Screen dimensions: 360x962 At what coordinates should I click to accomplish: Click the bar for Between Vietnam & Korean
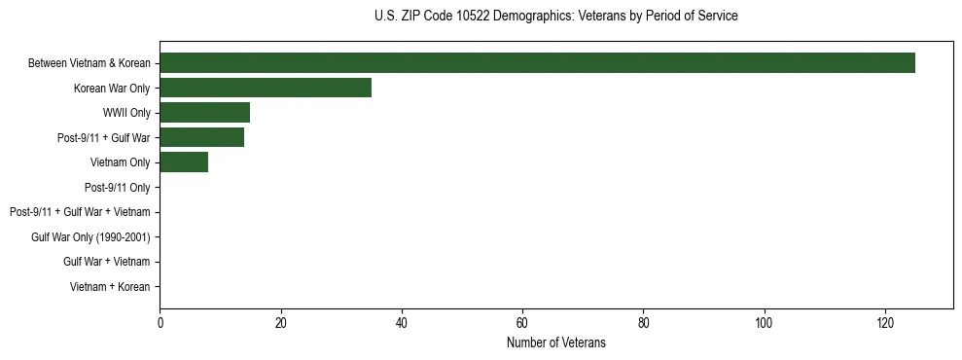(537, 63)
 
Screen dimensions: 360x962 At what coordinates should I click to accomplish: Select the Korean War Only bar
(266, 88)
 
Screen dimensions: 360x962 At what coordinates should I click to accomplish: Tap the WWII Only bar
(204, 113)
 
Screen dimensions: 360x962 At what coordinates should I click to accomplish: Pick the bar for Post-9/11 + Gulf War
(201, 137)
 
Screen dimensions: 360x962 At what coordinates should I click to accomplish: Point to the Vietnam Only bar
(184, 162)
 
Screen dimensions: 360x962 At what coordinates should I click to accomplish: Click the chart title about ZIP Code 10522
(555, 17)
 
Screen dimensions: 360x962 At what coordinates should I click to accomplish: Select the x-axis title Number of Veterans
(555, 342)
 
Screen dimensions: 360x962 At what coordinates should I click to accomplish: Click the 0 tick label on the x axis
(160, 322)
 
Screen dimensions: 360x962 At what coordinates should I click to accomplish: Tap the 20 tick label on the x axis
(280, 322)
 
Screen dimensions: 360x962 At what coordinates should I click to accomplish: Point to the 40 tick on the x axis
(402, 322)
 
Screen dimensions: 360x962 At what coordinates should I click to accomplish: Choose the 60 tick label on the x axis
(522, 322)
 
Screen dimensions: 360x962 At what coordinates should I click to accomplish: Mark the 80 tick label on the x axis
(643, 322)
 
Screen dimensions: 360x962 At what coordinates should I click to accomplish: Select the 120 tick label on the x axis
(885, 322)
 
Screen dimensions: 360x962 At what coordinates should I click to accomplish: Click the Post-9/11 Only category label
(117, 187)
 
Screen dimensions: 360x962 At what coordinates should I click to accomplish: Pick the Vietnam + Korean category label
(110, 286)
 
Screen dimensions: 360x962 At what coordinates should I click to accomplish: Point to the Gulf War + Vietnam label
(107, 262)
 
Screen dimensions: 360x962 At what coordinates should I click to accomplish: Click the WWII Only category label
(126, 113)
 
